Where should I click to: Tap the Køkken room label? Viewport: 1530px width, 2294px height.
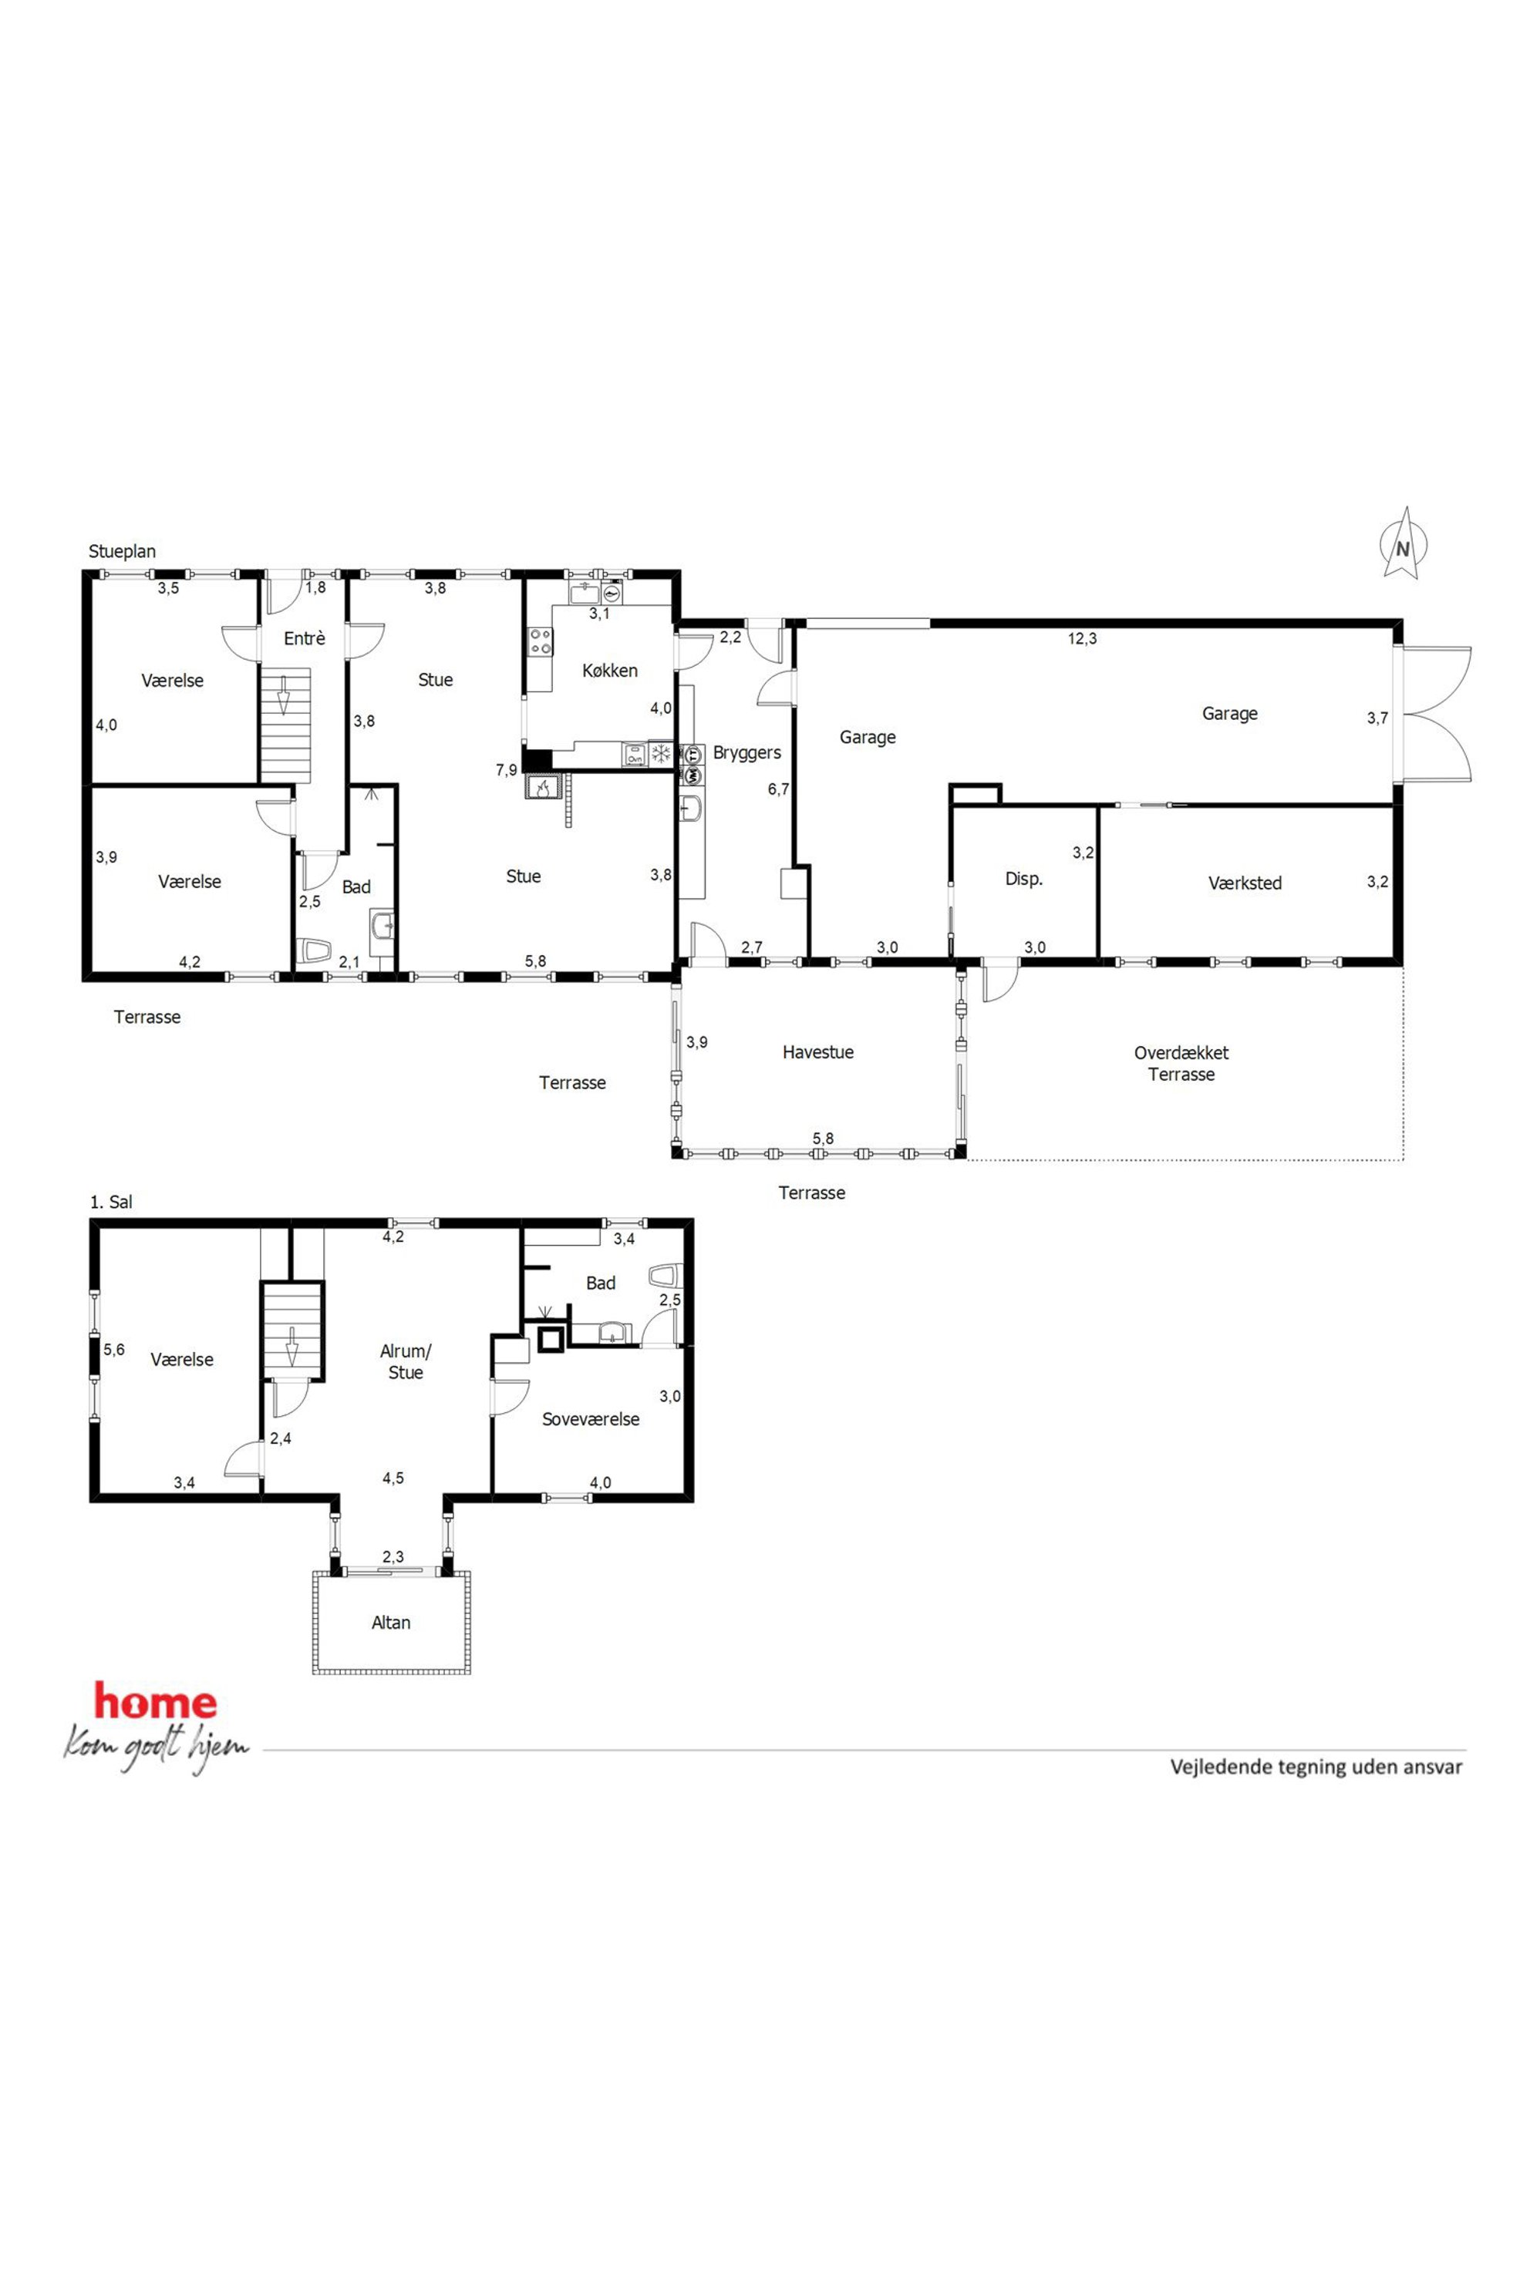coord(610,670)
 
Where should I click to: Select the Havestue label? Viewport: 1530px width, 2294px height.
coord(817,1052)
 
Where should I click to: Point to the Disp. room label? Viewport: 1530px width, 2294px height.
coord(1023,879)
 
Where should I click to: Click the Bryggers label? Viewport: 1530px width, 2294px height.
coord(746,753)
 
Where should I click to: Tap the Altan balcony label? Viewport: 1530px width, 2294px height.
coord(390,1623)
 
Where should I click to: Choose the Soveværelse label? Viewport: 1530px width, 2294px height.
coord(591,1419)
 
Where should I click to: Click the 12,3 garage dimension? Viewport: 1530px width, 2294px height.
coord(1082,639)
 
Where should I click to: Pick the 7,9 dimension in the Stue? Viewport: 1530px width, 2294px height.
coord(507,769)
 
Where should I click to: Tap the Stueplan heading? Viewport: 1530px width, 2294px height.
coord(122,551)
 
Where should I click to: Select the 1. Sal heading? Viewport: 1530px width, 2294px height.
coord(111,1202)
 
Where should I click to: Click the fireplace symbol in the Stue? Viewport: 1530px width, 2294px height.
coord(541,786)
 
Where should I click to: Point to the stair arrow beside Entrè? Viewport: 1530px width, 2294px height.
coord(284,702)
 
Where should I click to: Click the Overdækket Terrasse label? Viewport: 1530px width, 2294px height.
coord(1181,1063)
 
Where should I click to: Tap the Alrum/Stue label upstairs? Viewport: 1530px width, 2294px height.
coord(405,1361)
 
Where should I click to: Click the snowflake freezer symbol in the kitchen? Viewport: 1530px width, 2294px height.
coord(661,754)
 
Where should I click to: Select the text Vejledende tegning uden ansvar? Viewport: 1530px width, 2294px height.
coord(1316,1766)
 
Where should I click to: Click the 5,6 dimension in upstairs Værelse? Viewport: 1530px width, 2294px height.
coord(114,1350)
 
